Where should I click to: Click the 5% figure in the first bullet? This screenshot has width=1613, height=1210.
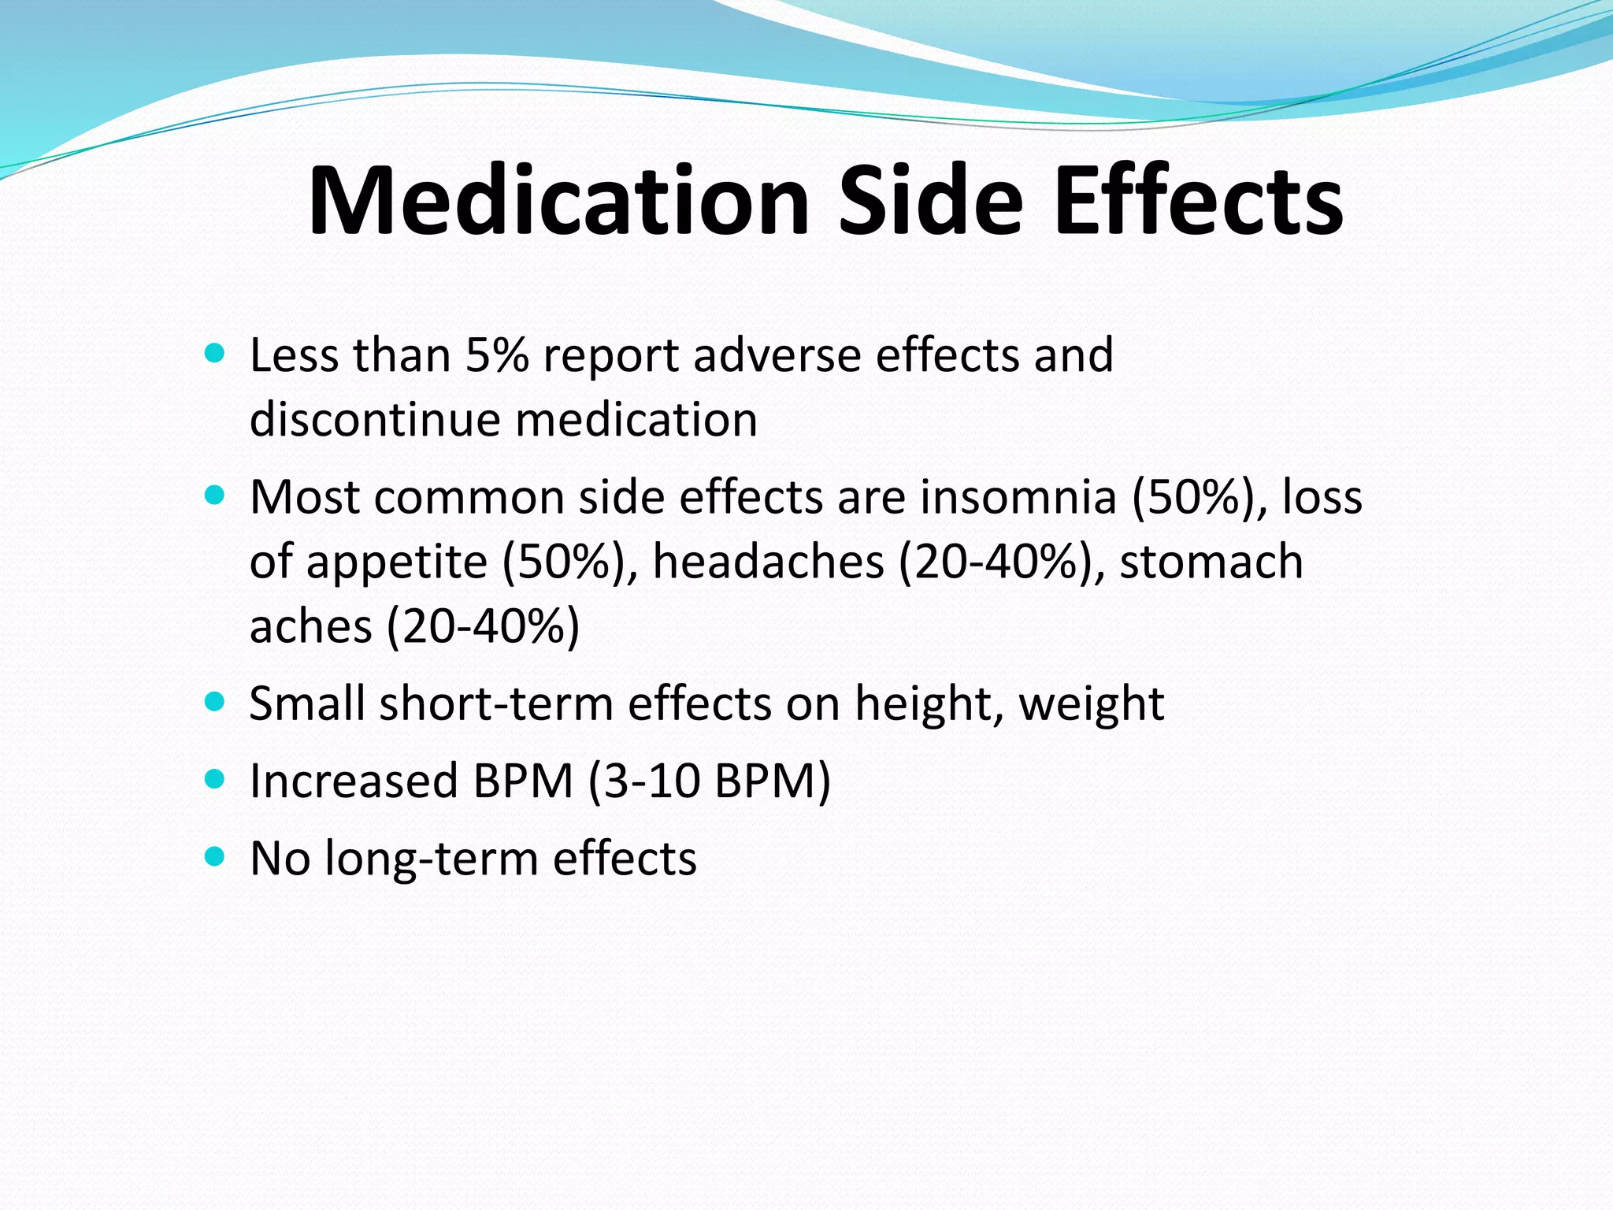coord(496,355)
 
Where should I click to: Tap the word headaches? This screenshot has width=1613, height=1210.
coord(768,562)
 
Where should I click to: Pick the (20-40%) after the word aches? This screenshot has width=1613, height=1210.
coord(483,627)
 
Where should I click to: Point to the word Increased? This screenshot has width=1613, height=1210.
coord(354,781)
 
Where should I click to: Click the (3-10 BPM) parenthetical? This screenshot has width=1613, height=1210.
coord(710,781)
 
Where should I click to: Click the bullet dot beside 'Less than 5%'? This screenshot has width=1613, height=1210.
coord(214,352)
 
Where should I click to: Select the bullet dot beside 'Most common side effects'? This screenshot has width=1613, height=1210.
coord(214,496)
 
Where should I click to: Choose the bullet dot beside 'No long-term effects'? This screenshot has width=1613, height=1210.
coord(214,856)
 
